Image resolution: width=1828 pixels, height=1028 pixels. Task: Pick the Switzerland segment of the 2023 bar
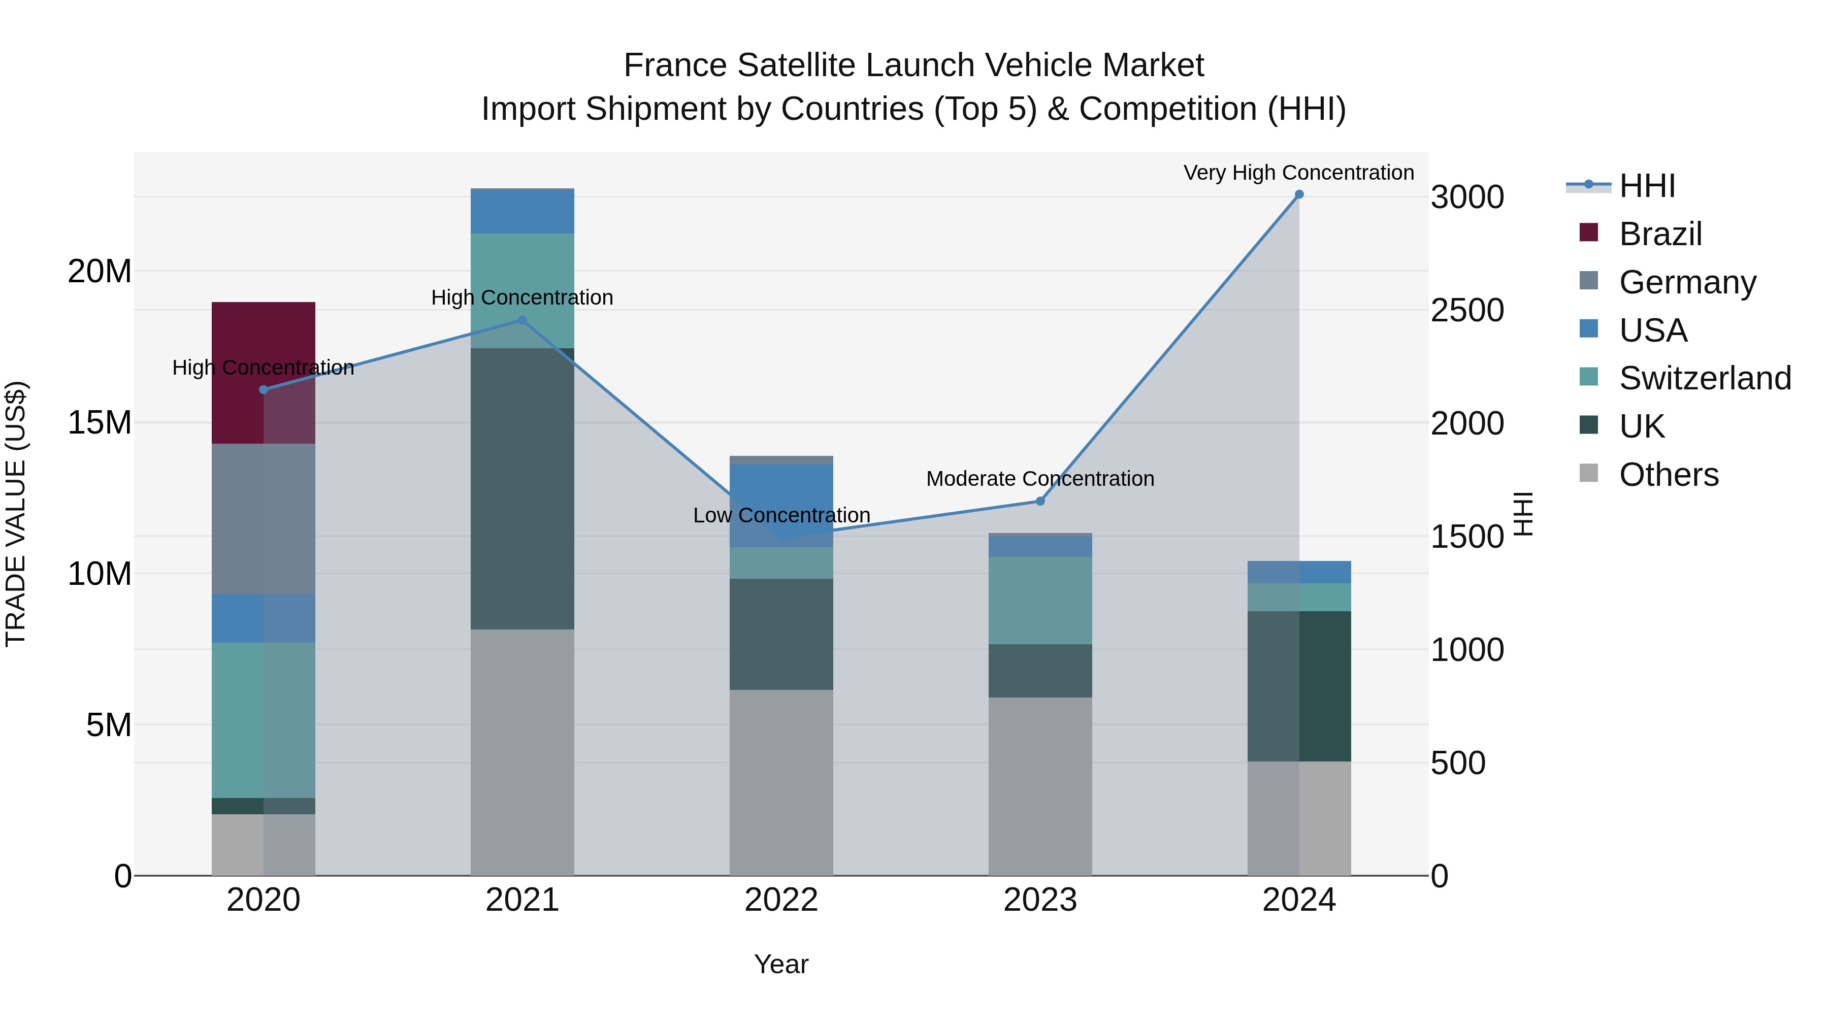(x=1040, y=600)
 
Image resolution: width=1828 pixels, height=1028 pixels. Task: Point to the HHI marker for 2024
(x=1299, y=194)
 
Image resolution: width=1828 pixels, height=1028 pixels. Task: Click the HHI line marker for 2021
(x=523, y=321)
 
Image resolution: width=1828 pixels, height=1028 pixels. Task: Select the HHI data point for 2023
(x=1040, y=501)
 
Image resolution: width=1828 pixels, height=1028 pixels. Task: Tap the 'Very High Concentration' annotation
(x=1298, y=173)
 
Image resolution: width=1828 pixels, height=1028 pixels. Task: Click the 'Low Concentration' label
(x=781, y=516)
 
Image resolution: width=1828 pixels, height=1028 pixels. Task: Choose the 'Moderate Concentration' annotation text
(x=1040, y=479)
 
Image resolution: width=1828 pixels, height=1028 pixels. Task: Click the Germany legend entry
(x=1687, y=282)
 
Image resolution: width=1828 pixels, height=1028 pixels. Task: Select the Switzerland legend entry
(x=1705, y=378)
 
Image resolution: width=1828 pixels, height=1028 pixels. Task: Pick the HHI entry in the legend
(x=1646, y=186)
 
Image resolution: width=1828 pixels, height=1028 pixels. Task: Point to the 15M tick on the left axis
(x=100, y=423)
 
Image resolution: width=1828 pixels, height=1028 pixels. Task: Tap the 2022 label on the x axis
(x=781, y=900)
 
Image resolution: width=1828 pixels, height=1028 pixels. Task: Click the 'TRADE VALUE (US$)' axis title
(x=16, y=514)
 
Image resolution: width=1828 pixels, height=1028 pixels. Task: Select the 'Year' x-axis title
(x=781, y=964)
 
